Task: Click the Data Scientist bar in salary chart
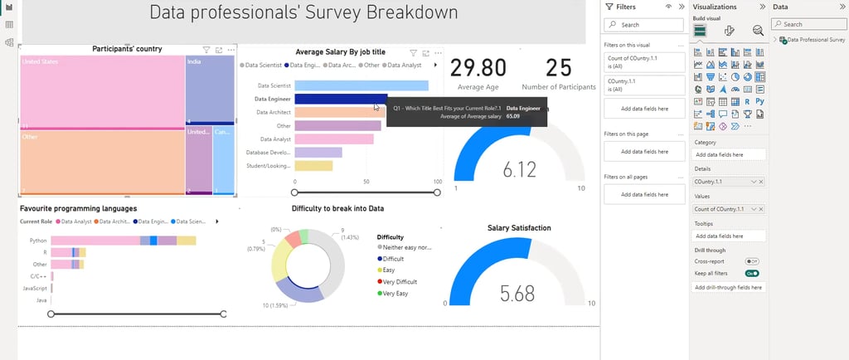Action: coord(361,85)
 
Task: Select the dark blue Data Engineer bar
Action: coord(340,99)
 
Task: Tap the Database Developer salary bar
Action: coord(318,152)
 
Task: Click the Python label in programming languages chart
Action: coord(38,241)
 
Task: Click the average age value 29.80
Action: coord(478,67)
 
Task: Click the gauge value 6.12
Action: coord(520,169)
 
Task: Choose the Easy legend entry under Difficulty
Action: coord(391,270)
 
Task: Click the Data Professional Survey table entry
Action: coord(816,39)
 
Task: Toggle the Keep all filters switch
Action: coord(752,273)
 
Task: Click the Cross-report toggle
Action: coord(752,261)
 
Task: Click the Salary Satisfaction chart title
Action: coord(519,228)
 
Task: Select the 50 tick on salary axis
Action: coord(366,181)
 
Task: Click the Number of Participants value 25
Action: coord(559,67)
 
